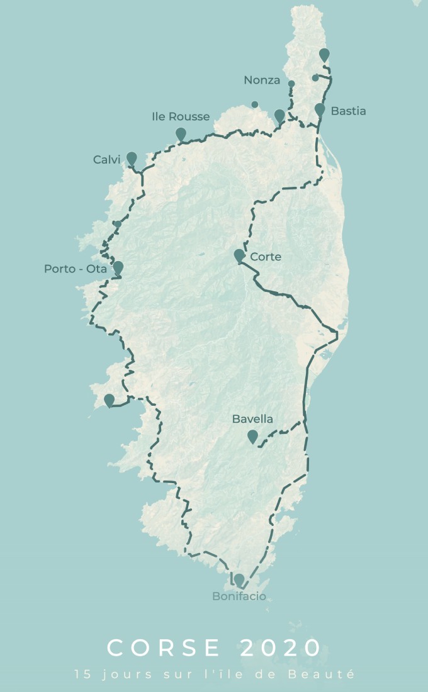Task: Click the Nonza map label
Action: coord(262,80)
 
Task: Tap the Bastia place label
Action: coord(348,111)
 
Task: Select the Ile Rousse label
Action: coord(181,116)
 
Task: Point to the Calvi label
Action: coord(106,160)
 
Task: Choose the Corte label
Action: coord(266,257)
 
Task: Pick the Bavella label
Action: coord(253,419)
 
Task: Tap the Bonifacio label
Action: coord(239,596)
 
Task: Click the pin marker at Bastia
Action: coord(320,110)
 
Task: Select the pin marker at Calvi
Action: coord(132,158)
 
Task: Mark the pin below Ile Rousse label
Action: coord(181,133)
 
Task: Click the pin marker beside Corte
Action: coord(239,255)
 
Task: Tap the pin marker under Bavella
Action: coord(252,436)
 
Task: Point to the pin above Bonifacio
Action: coord(239,579)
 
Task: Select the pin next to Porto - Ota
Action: coord(118,267)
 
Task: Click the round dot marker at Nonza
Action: coord(291,84)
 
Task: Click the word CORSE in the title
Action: coord(164,648)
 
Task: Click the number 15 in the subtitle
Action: coord(80,674)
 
